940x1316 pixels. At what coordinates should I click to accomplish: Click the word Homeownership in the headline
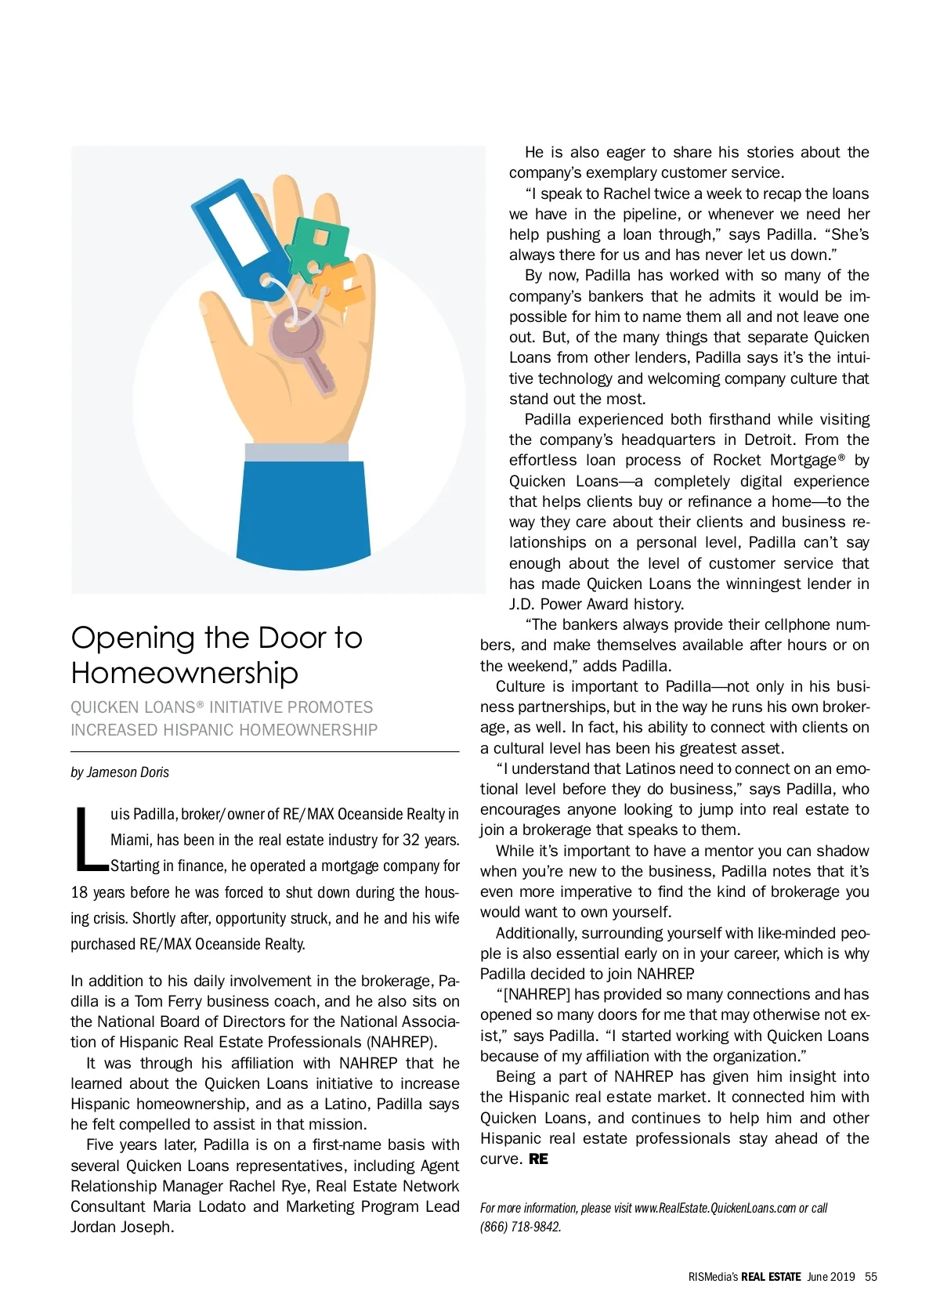tap(184, 673)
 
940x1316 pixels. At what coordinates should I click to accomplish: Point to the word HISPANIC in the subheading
tap(206, 730)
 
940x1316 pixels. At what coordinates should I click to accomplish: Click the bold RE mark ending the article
tap(538, 1159)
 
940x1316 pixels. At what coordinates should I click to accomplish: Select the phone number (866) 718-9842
tap(520, 1227)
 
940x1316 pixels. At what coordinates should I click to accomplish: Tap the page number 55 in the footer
tap(871, 1277)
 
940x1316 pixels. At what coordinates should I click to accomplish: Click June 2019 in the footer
tap(831, 1277)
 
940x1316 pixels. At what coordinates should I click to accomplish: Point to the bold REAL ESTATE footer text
tap(771, 1277)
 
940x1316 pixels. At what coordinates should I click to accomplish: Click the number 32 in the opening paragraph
tap(411, 840)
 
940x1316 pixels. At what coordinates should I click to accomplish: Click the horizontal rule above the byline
tap(265, 752)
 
